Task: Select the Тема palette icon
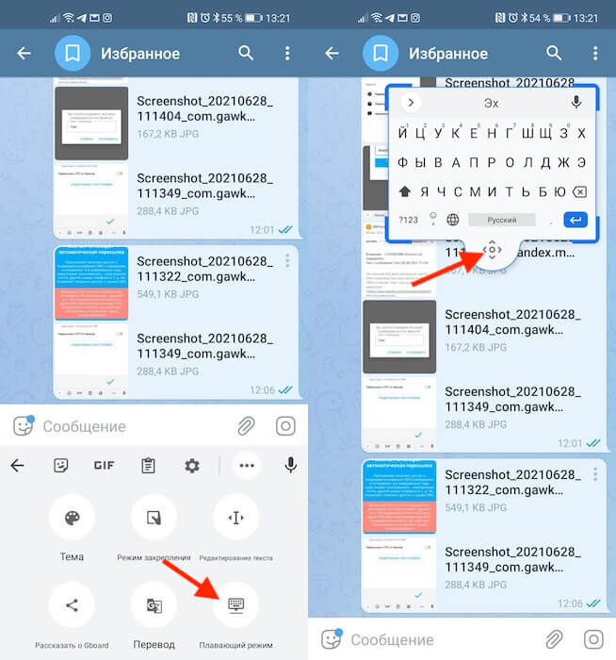click(x=72, y=518)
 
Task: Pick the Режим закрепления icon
click(x=154, y=518)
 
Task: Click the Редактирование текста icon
click(x=235, y=518)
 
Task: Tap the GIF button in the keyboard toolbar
click(x=104, y=466)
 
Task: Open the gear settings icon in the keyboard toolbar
click(x=192, y=466)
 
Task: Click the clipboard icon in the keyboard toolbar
click(x=148, y=466)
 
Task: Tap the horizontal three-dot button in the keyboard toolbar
click(x=247, y=466)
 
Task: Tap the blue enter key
click(x=575, y=220)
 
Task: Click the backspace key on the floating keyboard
click(x=579, y=191)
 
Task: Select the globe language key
click(x=453, y=220)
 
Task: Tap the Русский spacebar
click(x=501, y=220)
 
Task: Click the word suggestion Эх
click(x=491, y=103)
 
